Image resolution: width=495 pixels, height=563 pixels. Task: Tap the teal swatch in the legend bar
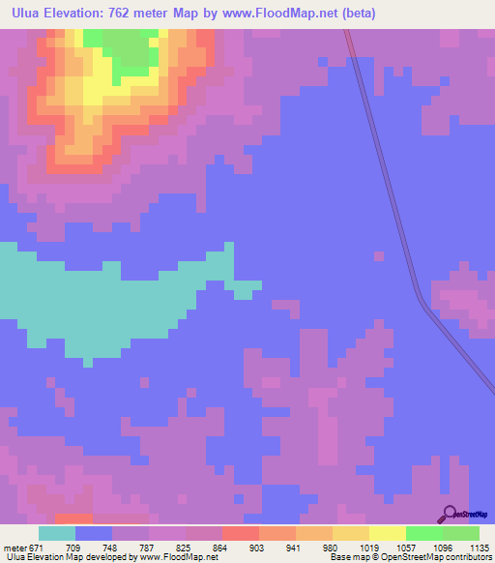point(57,533)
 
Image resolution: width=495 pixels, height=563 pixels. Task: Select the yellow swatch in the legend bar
point(387,533)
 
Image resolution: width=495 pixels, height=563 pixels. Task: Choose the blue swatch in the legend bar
point(94,533)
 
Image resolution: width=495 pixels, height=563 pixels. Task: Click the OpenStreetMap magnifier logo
point(451,515)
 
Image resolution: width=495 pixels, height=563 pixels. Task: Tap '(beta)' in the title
point(357,14)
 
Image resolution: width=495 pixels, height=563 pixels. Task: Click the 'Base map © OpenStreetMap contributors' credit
point(410,556)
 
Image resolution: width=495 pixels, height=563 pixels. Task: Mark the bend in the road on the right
point(422,302)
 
